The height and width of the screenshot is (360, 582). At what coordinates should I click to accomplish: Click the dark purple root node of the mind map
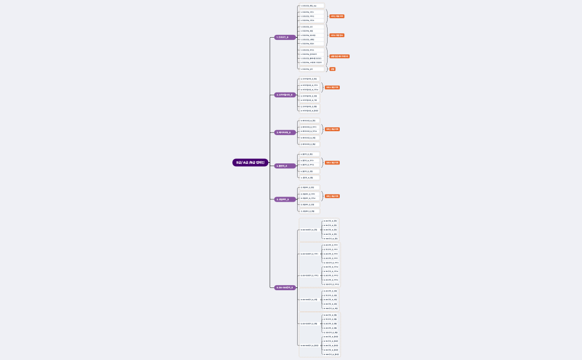tap(250, 163)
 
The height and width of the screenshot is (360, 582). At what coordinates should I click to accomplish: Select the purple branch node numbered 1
tap(285, 37)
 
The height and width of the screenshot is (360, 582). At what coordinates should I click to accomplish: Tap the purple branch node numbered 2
tap(285, 95)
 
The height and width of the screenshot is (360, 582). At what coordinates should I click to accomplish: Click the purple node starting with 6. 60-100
tap(285, 287)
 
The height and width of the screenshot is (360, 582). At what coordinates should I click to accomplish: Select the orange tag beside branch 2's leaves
tap(332, 88)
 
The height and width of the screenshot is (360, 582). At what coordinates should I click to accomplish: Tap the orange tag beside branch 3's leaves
tap(332, 129)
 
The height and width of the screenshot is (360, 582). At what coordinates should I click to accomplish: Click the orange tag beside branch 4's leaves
tap(332, 163)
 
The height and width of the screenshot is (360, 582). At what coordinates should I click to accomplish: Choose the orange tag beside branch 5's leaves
tap(332, 196)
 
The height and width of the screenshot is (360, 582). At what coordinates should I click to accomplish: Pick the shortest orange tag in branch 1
tap(333, 69)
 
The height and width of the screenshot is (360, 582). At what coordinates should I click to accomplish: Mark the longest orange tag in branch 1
tap(339, 56)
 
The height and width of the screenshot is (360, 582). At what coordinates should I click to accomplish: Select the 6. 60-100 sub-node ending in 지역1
tap(309, 254)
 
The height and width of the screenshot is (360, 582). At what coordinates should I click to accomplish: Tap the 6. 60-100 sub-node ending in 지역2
tap(309, 275)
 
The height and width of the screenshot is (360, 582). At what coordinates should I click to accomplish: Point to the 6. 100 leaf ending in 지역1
tap(331, 263)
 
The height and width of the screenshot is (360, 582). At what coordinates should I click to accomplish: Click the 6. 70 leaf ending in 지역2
tap(331, 271)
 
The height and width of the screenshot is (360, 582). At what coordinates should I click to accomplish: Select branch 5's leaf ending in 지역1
tap(308, 194)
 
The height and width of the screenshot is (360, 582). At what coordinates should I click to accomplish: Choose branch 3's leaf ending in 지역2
tap(309, 131)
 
